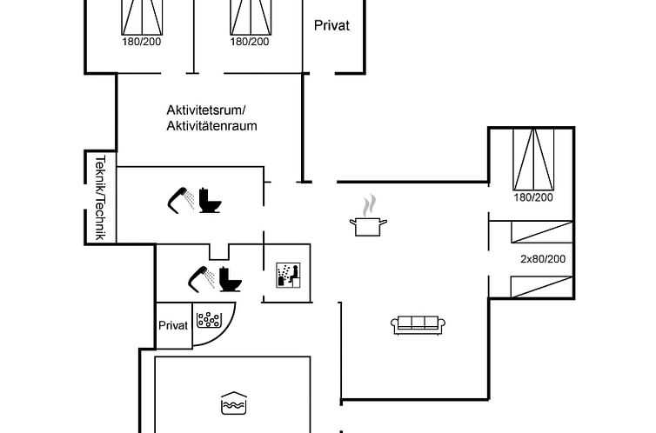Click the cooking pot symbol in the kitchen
pos(368,225)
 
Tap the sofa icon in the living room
pos(418,324)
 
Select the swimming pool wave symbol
pos(233,402)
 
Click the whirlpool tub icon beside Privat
pos(209,320)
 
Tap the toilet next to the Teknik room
pos(209,200)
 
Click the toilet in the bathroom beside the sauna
pos(230,279)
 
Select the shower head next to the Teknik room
pos(181,198)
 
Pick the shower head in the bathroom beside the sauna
pos(202,276)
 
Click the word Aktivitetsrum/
pos(206,110)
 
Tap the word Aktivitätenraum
pos(211,126)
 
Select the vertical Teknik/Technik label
pos(99,197)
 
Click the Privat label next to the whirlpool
pos(173,325)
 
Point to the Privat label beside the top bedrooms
pos(331,25)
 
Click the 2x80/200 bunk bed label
pos(543,258)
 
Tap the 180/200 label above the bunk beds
pos(533,197)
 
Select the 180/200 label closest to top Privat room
pos(250,41)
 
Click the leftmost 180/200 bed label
pos(141,41)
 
